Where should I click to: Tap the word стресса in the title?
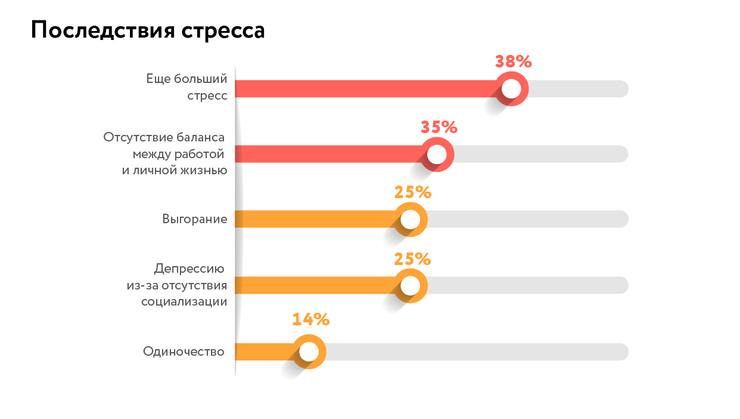222,30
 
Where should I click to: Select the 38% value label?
513,61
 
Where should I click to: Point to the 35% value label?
439,127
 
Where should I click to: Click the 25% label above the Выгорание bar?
412,192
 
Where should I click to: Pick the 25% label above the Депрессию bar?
412,258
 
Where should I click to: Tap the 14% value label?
310,319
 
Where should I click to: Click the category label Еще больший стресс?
187,87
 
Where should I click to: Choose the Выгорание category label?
194,219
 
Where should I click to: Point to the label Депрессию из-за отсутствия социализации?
177,285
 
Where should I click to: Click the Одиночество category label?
184,352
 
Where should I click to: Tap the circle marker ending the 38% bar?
511,89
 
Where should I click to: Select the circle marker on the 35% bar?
437,155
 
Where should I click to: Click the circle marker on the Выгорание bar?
411,220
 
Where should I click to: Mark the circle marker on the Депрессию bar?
411,286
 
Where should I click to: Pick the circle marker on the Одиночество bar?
309,352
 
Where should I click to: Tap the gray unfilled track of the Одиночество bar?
477,352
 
